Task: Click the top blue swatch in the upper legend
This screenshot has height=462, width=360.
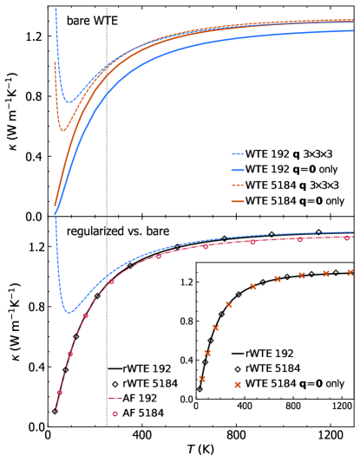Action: tap(238, 154)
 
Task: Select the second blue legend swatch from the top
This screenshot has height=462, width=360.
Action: tap(238, 170)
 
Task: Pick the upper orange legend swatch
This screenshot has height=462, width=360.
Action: tap(238, 185)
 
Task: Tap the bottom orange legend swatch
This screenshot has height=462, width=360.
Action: tap(238, 201)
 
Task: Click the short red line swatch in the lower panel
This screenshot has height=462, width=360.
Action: tap(115, 399)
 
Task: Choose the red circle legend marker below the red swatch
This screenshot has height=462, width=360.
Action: tap(115, 413)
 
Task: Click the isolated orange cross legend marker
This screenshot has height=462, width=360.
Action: tap(238, 385)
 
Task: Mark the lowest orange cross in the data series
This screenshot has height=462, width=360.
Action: tap(202, 379)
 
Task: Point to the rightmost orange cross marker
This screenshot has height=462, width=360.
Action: tap(350, 272)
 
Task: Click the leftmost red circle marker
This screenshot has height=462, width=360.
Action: tap(60, 393)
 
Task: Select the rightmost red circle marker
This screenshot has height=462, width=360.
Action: tap(347, 238)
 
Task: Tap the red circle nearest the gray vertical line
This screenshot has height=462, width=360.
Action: tap(111, 282)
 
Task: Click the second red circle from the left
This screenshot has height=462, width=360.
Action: tap(70, 354)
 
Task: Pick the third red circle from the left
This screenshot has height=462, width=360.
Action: tap(85, 316)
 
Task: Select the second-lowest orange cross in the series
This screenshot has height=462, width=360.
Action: tap(207, 353)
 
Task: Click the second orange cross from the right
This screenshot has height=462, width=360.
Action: tap(326, 274)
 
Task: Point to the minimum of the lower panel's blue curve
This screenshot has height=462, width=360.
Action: tap(69, 312)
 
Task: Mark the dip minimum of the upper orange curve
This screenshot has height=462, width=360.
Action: tap(62, 131)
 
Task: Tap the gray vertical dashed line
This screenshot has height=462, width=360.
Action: tap(107, 173)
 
